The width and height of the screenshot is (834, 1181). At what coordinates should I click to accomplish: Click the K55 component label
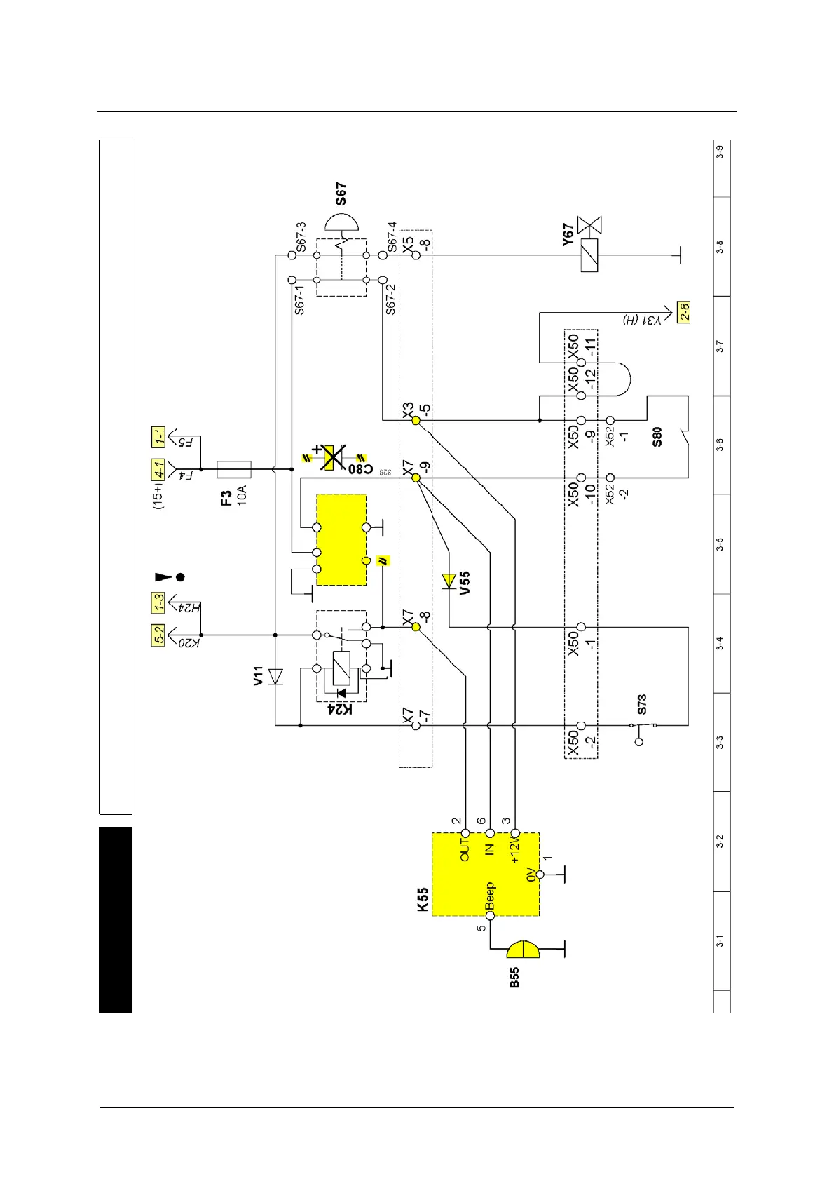click(x=423, y=899)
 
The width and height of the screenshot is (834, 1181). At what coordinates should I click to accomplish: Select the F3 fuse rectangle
click(x=234, y=469)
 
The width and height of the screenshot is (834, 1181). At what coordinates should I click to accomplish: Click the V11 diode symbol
click(x=275, y=676)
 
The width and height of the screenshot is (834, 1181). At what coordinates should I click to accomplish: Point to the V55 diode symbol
click(x=449, y=581)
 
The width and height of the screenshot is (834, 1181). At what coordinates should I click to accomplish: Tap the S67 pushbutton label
click(x=341, y=194)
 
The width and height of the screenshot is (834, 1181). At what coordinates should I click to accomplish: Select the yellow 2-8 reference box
click(x=683, y=311)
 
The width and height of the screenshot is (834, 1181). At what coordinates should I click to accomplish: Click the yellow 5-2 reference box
click(x=159, y=635)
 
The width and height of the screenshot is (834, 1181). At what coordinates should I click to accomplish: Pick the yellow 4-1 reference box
click(x=159, y=469)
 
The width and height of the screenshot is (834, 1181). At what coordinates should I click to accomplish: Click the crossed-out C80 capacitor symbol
click(x=334, y=457)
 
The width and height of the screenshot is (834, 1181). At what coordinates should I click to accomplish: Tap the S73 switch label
click(x=642, y=704)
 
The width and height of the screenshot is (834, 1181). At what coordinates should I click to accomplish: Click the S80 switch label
click(x=657, y=437)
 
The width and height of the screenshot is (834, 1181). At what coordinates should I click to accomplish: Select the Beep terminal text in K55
click(x=490, y=896)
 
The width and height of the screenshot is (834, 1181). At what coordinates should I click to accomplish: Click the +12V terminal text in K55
click(x=514, y=851)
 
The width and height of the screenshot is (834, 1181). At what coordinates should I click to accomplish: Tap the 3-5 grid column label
click(x=720, y=544)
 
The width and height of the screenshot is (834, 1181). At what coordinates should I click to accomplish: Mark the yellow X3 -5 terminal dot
click(x=416, y=420)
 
